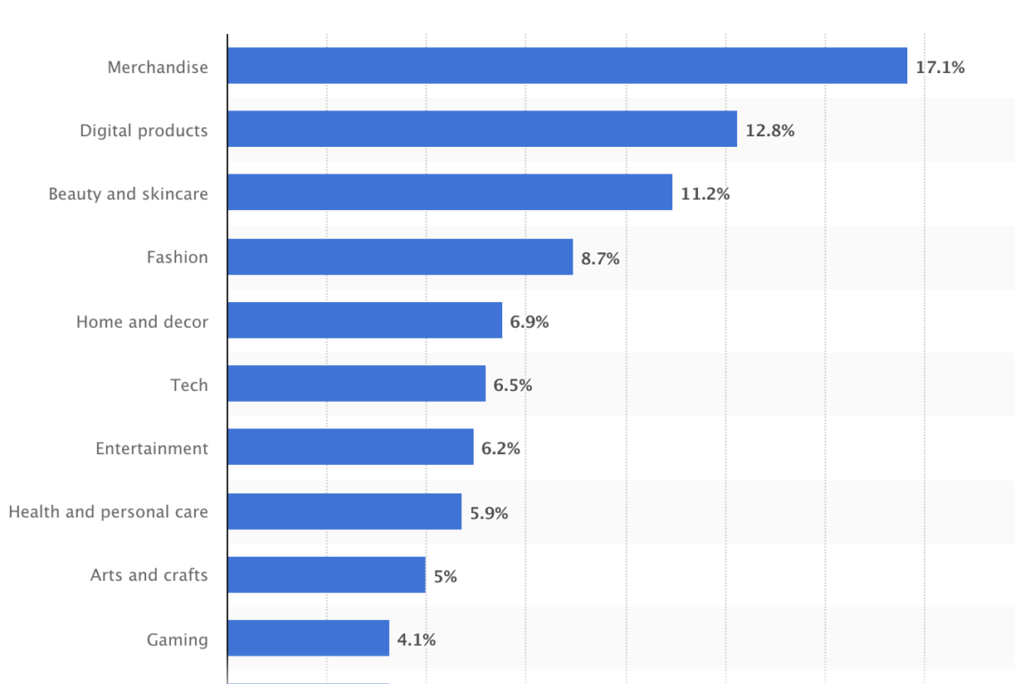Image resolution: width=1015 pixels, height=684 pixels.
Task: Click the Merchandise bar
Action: [x=567, y=66]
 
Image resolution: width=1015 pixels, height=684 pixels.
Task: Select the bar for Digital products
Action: [x=482, y=129]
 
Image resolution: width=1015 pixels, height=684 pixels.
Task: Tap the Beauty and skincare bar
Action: [x=450, y=192]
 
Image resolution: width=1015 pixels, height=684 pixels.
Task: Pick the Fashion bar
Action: [x=400, y=256]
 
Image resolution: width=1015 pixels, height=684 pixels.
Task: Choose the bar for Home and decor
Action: [x=364, y=320]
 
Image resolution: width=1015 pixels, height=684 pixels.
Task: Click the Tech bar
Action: [x=356, y=383]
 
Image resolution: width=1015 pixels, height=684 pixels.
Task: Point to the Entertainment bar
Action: [x=350, y=446]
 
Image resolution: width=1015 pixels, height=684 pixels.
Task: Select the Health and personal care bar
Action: [x=344, y=510]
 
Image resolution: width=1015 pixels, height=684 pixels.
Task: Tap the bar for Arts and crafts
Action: [x=326, y=574]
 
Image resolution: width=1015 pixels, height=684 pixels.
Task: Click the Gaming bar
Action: [x=308, y=638]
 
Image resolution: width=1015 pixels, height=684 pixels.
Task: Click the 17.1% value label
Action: [x=940, y=67]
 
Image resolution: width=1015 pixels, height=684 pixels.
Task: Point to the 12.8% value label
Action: [x=770, y=131]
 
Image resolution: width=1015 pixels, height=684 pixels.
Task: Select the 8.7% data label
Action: [x=600, y=258]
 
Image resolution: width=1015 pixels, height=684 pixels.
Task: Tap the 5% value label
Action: [x=445, y=576]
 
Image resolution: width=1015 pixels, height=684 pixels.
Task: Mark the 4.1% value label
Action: [x=417, y=639]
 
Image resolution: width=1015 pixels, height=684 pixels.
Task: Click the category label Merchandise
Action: [x=158, y=67]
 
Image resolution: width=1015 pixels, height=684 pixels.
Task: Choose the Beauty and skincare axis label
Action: [x=128, y=194]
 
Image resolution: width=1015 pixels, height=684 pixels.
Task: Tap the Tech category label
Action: [x=189, y=385]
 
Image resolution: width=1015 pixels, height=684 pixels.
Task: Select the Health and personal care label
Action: [x=108, y=512]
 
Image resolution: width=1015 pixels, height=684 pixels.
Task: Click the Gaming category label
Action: [x=177, y=639]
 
